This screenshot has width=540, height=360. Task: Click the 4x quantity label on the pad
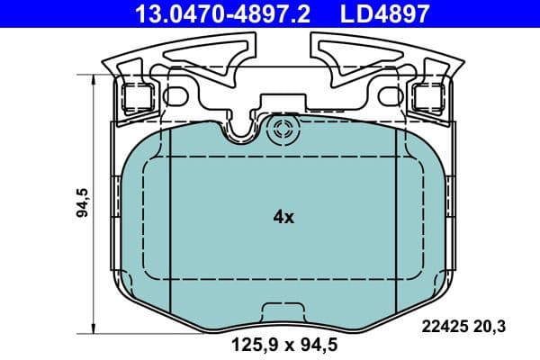point(284,217)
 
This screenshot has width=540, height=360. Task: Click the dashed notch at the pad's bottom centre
point(284,310)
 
